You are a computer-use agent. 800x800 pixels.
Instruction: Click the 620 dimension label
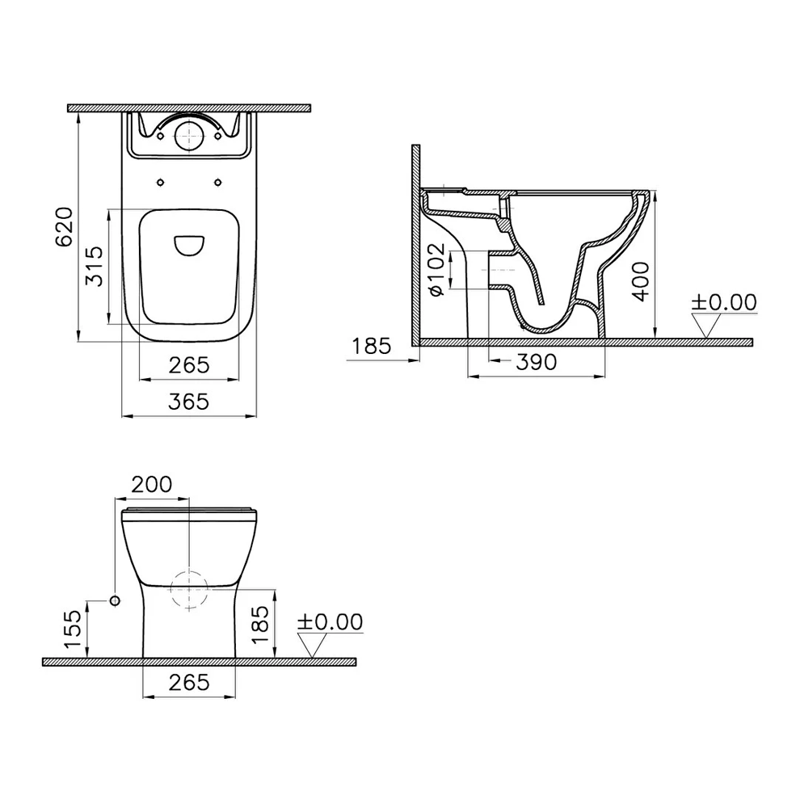coord(65,227)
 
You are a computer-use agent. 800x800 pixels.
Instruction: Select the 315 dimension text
coord(95,267)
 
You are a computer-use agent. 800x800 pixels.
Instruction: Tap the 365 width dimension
coord(189,402)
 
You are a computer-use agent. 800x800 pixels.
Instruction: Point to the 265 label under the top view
coord(189,364)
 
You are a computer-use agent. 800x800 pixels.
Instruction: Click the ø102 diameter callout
coord(437,269)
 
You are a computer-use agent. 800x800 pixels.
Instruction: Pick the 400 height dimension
coord(640,282)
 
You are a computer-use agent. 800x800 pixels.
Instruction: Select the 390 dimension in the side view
coord(537,362)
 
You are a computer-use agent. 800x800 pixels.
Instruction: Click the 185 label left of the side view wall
coord(372,346)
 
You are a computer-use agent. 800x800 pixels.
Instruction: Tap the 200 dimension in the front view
coord(152,484)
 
